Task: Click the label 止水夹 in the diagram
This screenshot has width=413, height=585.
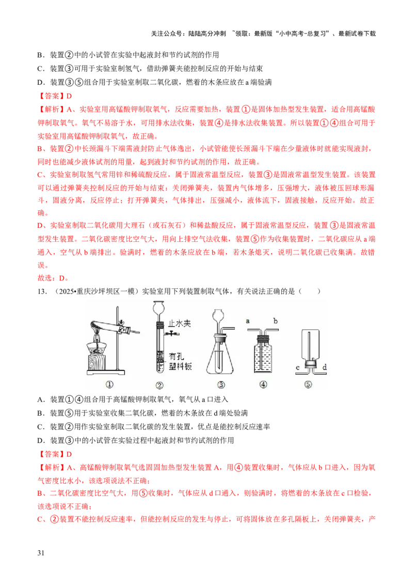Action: pos(179,323)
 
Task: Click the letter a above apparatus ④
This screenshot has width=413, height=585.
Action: pos(247,321)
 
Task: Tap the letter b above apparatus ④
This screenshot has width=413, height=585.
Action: pos(275,320)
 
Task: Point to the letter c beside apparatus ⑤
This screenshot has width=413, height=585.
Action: pos(297,368)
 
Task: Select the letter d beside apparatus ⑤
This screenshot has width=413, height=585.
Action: pos(324,367)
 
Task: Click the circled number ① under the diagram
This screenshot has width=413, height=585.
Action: pos(109,384)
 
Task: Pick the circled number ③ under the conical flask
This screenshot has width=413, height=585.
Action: pos(220,384)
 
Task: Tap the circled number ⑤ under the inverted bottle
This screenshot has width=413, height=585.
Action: pos(308,384)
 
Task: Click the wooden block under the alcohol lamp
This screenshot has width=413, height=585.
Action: pos(97,362)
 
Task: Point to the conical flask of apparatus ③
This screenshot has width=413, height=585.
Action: pos(220,358)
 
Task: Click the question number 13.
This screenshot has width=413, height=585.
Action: pos(42,291)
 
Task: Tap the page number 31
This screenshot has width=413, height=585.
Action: pos(41,552)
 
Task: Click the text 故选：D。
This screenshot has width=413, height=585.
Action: pos(53,278)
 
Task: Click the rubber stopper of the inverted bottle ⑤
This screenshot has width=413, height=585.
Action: pos(310,363)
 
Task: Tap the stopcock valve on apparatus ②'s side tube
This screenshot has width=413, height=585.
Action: pos(172,333)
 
